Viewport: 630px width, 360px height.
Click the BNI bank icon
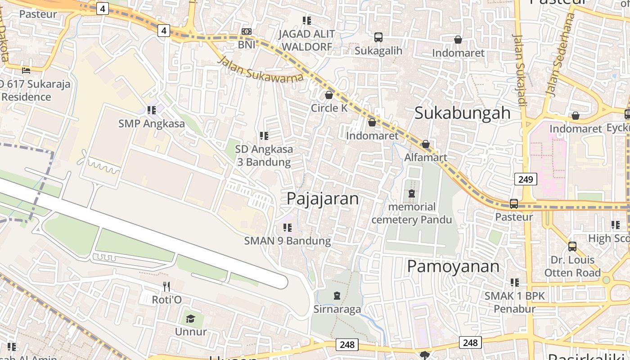pos(246,31)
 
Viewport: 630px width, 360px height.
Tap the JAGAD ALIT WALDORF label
pos(306,40)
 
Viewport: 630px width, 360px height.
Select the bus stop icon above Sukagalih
pos(378,37)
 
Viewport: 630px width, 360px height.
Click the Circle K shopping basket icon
pos(329,95)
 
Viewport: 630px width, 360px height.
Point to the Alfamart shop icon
pos(425,144)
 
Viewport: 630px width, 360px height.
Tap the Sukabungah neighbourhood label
pos(462,113)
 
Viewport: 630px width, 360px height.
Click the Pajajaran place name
pos(323,198)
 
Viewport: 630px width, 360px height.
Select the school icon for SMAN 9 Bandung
pos(287,228)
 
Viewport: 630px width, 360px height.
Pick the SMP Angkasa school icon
pos(152,110)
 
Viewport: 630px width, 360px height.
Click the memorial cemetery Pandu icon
pos(411,194)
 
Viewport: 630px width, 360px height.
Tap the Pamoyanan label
pos(453,266)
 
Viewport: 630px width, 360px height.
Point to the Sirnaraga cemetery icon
pos(337,296)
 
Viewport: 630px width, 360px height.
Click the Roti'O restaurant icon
pos(166,286)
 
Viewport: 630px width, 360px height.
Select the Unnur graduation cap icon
pos(190,319)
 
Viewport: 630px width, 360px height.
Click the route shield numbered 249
pos(525,180)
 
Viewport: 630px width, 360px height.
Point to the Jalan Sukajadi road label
pos(520,70)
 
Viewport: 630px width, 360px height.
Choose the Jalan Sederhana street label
pos(560,54)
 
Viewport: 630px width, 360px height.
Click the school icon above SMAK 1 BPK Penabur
pos(514,283)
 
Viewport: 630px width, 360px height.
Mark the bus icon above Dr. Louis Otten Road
pos(572,247)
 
